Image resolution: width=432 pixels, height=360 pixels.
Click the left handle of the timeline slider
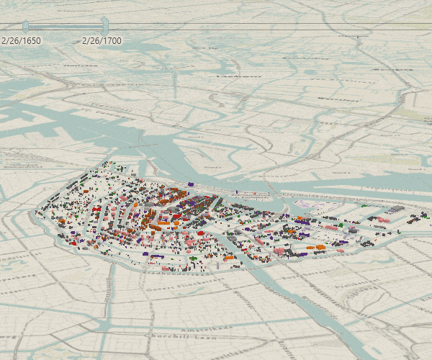point(25,27)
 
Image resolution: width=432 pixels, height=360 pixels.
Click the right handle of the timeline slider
point(104,26)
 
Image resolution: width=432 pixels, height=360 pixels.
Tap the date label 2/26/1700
point(102,41)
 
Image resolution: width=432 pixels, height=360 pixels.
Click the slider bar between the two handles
point(65,27)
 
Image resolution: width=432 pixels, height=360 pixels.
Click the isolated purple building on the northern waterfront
point(192,184)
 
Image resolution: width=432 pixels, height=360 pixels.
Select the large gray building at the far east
point(395,210)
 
